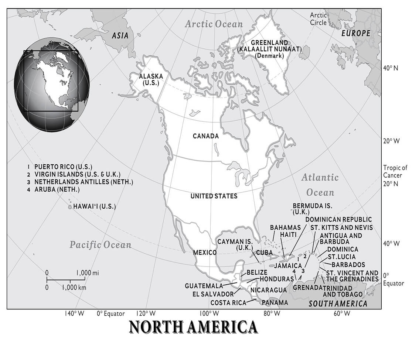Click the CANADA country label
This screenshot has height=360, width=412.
click(x=205, y=136)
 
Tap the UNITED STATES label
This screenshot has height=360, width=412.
click(x=214, y=196)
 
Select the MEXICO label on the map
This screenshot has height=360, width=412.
click(x=205, y=253)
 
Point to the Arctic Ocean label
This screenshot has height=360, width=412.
click(x=214, y=24)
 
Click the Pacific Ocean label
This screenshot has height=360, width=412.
click(x=101, y=244)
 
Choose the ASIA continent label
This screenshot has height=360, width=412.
click(x=120, y=36)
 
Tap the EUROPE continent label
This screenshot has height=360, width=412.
click(x=355, y=33)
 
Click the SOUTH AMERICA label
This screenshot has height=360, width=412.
click(x=338, y=304)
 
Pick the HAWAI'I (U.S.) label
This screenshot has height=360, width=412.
click(x=94, y=206)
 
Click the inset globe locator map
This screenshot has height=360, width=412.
click(x=51, y=85)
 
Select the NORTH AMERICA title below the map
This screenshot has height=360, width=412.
click(x=193, y=327)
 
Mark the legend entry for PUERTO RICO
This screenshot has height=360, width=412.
click(x=63, y=167)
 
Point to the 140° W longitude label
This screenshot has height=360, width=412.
click(x=75, y=314)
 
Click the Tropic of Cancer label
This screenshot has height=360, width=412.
click(x=395, y=171)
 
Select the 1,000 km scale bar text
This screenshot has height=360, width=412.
click(x=74, y=287)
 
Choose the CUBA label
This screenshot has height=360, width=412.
click(x=264, y=252)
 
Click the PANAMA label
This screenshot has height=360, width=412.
click(x=275, y=303)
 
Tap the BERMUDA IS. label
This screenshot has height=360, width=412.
click(x=312, y=209)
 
